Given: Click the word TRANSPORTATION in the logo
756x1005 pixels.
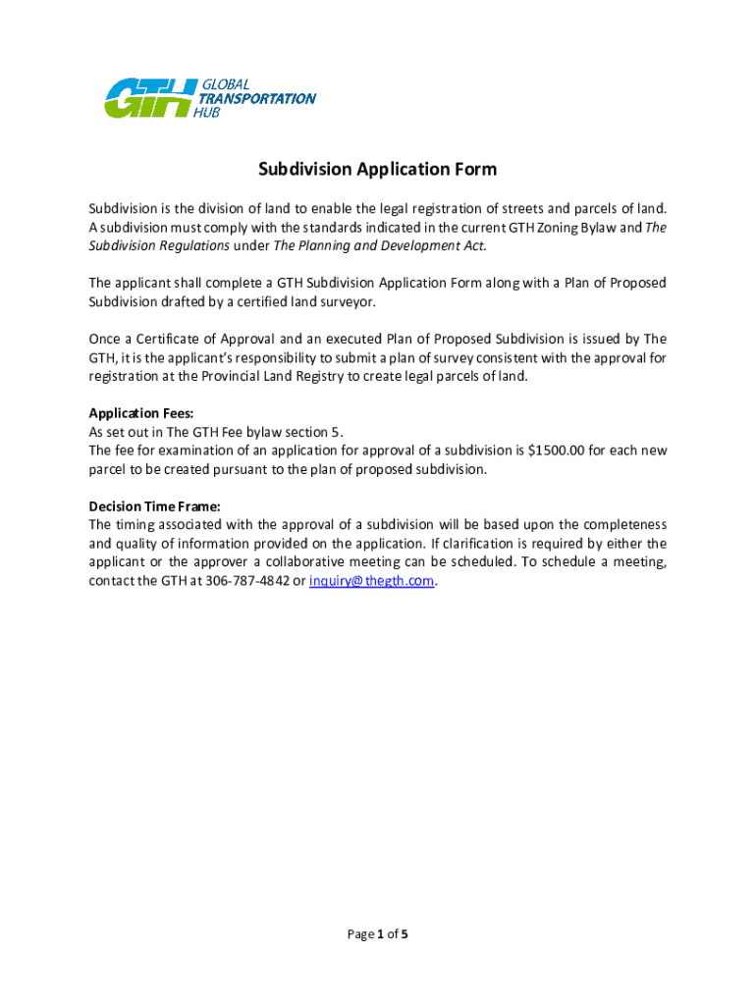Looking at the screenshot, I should [x=257, y=98].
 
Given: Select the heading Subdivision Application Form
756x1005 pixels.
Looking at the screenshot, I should [x=378, y=170].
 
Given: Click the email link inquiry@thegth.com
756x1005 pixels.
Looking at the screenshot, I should [x=371, y=581].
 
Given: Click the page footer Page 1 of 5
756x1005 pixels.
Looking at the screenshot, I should [x=378, y=934].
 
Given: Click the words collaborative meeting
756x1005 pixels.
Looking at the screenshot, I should [x=378, y=562].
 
